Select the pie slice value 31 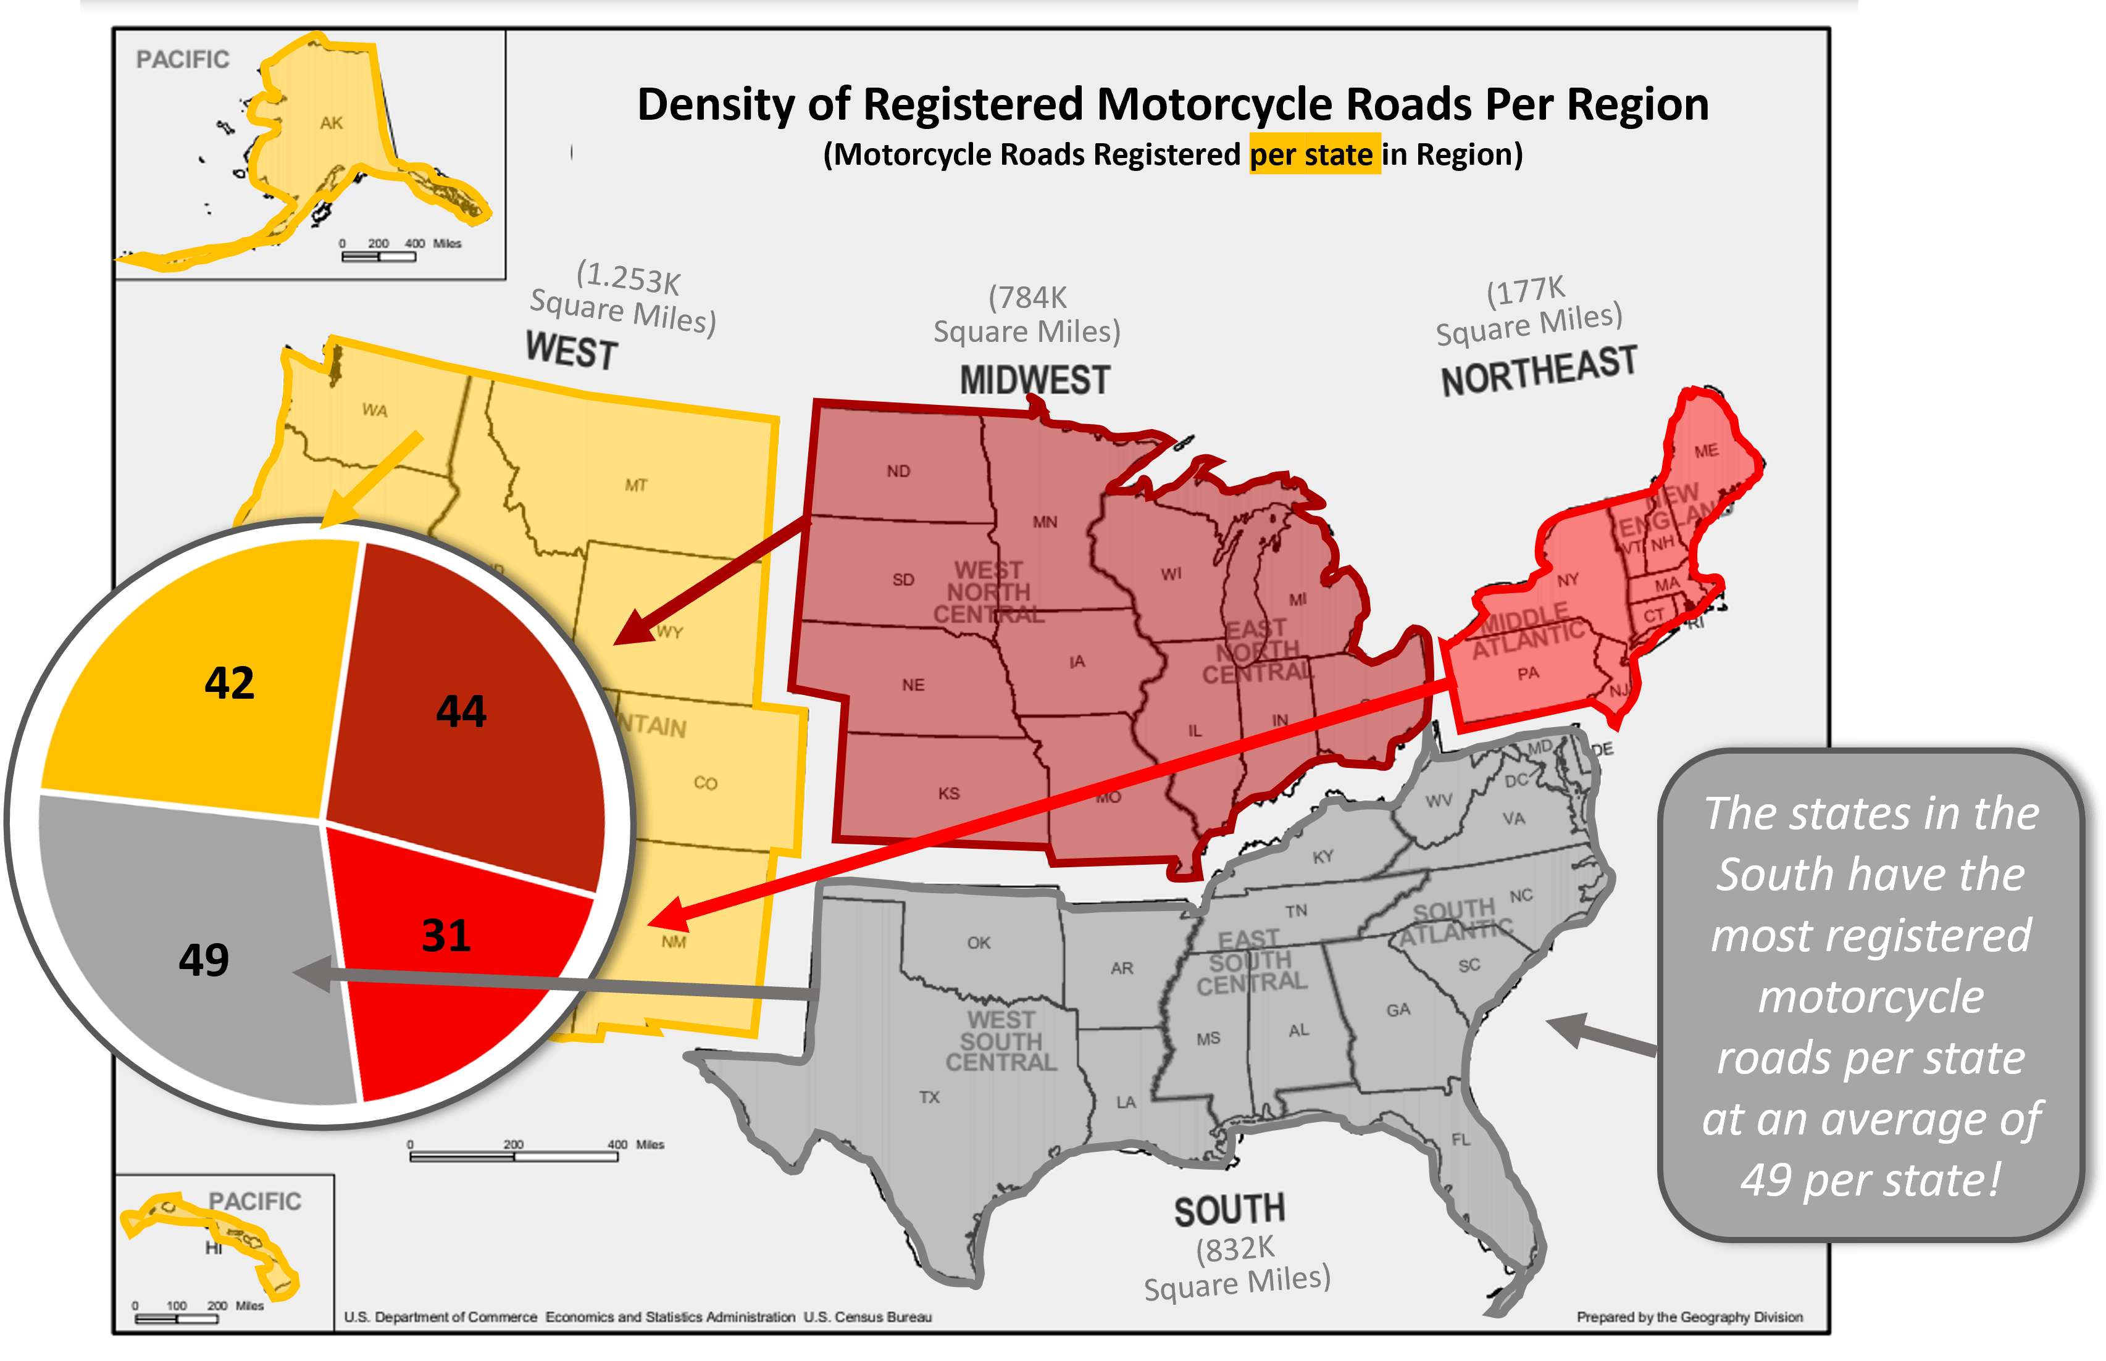446,935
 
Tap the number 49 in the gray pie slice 204,959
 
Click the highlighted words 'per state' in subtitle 1313,155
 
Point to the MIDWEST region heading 1034,380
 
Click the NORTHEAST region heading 1539,371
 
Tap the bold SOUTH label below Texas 1229,1210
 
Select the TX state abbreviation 929,1097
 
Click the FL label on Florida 1461,1139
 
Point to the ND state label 898,471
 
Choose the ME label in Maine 1706,451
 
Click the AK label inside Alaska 332,123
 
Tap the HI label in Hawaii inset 214,1248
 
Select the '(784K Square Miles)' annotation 1027,315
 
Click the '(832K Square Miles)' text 1237,1268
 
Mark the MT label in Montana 637,485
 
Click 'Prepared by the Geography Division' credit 1689,1317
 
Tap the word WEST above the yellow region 572,351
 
